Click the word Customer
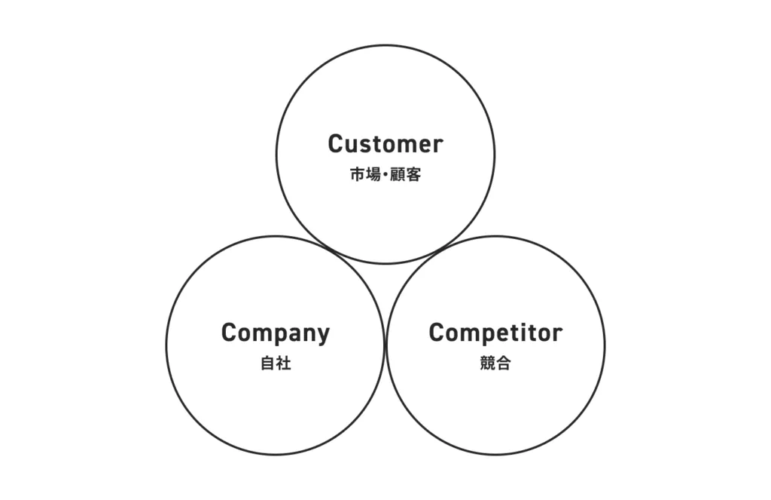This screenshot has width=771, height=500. tap(385, 143)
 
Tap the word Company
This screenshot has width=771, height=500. tap(276, 333)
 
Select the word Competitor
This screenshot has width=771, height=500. tap(495, 333)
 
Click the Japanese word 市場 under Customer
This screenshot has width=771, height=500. tap(367, 175)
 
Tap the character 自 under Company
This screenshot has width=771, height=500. tap(267, 363)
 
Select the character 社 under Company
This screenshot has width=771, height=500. tap(284, 363)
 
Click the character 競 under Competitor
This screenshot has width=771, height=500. tap(487, 363)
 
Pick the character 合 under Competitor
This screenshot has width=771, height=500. tap(504, 363)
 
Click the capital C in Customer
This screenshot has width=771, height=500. tap(336, 143)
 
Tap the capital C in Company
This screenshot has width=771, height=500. tap(230, 333)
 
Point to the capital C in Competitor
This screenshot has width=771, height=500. tap(437, 333)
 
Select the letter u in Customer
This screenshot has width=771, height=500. tap(352, 145)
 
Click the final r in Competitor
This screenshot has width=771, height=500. tap(557, 334)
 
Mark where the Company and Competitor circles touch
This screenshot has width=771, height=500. tap(385, 345)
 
